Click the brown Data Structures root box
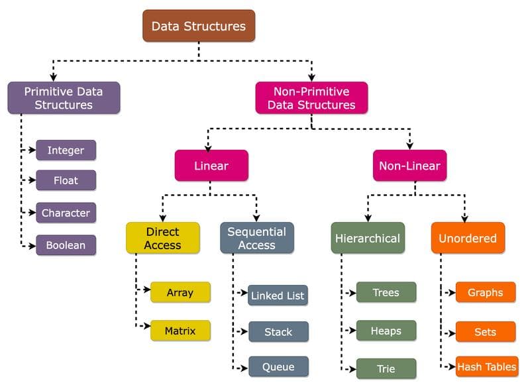[199, 27]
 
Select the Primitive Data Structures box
[64, 97]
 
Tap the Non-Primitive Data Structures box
[311, 97]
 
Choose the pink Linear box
[211, 165]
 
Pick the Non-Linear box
[409, 165]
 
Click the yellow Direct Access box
[163, 238]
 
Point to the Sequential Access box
[256, 238]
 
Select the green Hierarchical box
[368, 238]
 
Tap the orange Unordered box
[468, 238]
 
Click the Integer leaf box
[66, 150]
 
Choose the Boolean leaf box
[66, 245]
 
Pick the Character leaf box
[66, 213]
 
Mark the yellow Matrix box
[180, 330]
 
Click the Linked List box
[278, 296]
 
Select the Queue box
[278, 366]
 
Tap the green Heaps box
[386, 330]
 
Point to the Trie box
[386, 368]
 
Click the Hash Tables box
[486, 366]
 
